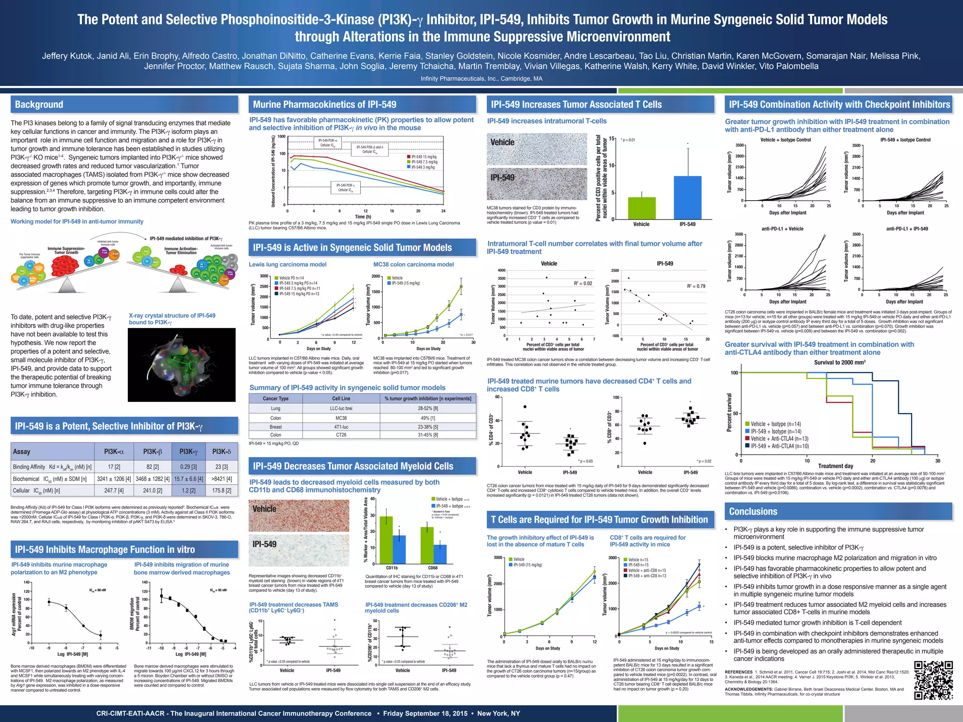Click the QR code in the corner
tap(933, 680)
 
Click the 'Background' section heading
tap(39, 105)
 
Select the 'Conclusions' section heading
tap(753, 511)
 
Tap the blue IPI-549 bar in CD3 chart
tap(687, 197)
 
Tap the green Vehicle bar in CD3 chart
tap(641, 208)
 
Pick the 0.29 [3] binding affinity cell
tap(188, 467)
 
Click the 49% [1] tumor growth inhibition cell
tap(428, 418)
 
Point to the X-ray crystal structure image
tap(182, 365)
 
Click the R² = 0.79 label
tap(696, 286)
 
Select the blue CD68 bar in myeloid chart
tap(440, 554)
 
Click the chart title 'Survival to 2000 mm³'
tap(839, 362)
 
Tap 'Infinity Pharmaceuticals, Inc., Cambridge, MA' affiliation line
tap(481, 79)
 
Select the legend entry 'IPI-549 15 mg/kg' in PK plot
tap(423, 157)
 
